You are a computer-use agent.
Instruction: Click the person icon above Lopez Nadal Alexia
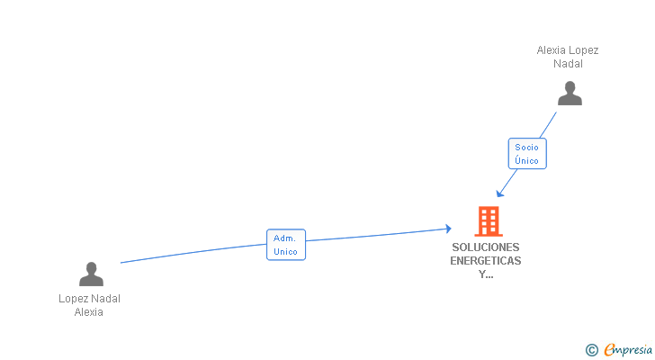(91, 274)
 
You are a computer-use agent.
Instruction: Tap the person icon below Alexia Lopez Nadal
(570, 93)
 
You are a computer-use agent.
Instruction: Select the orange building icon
(489, 220)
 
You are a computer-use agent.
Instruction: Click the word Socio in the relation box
(526, 147)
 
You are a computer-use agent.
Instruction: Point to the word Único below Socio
(526, 161)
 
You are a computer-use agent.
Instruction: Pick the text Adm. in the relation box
(286, 238)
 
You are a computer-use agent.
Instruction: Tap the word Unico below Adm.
(286, 252)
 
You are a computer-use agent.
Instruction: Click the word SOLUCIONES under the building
(486, 247)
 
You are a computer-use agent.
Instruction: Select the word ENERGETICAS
(486, 261)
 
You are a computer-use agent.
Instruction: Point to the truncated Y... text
(486, 275)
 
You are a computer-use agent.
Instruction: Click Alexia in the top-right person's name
(552, 50)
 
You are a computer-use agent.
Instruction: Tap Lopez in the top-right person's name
(584, 50)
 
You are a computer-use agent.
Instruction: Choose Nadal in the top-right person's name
(569, 64)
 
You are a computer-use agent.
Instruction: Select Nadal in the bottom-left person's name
(106, 299)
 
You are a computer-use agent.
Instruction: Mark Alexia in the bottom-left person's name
(89, 312)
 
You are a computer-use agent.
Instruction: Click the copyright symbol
(591, 350)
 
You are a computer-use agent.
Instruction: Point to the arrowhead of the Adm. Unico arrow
(447, 229)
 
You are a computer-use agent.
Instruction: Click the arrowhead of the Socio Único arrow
(499, 193)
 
